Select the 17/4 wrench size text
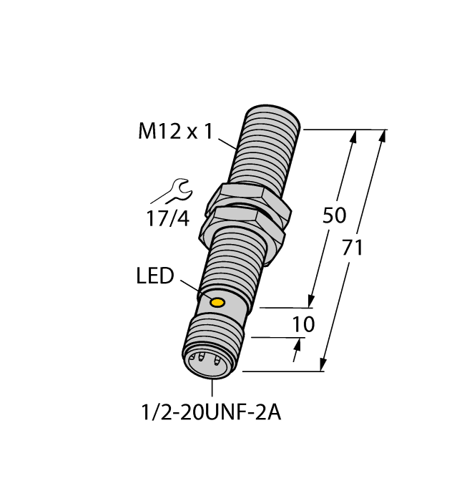pyautogui.click(x=169, y=218)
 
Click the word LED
pyautogui.click(x=155, y=276)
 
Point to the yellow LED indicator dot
pyautogui.click(x=217, y=303)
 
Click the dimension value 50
pyautogui.click(x=335, y=215)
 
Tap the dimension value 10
pyautogui.click(x=304, y=325)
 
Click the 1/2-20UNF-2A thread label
pyautogui.click(x=213, y=414)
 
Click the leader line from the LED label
pyautogui.click(x=191, y=288)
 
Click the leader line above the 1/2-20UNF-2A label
pyautogui.click(x=212, y=387)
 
